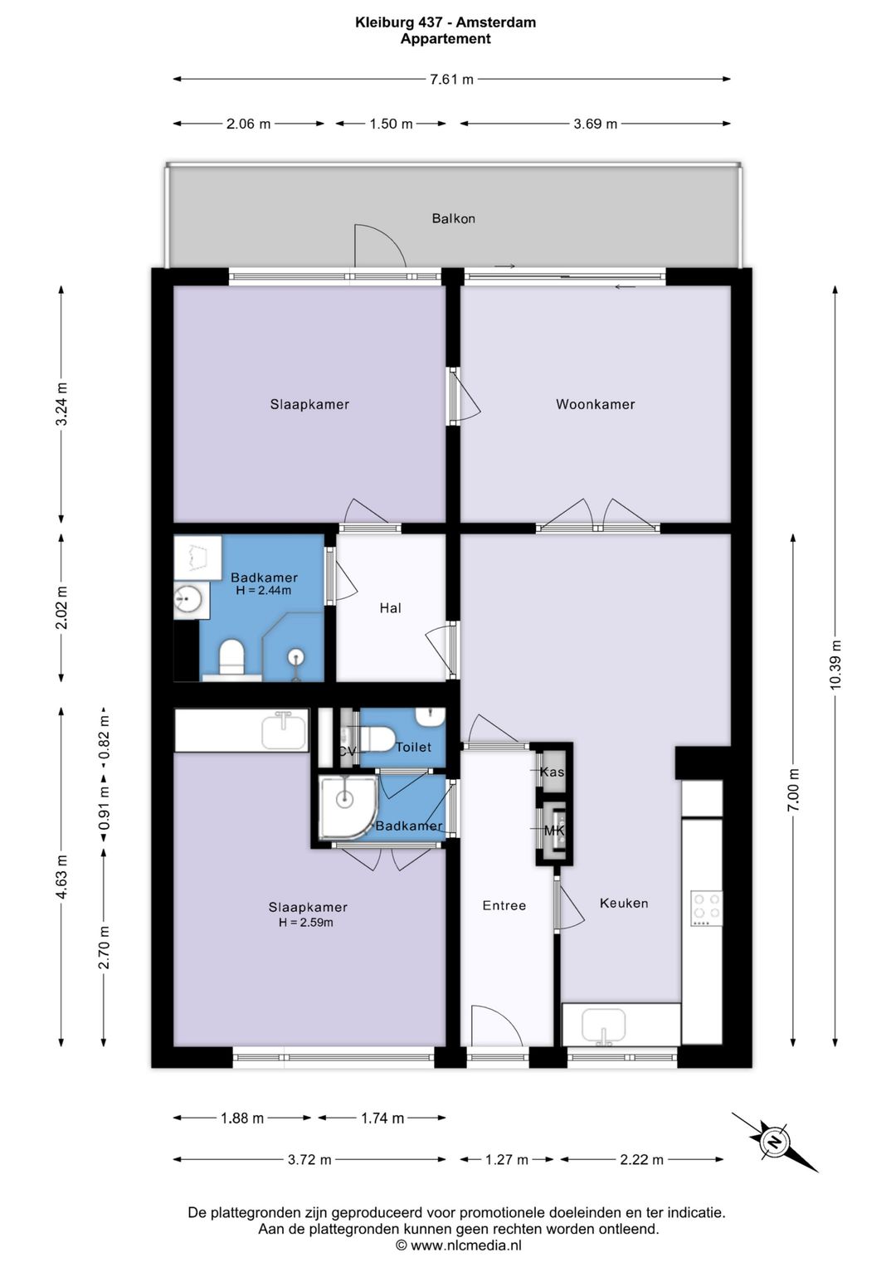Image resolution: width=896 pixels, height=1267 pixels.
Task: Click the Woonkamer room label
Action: pos(595,404)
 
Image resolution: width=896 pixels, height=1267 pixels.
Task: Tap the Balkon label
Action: pos(453,218)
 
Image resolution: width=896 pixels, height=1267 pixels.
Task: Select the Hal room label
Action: pos(390,608)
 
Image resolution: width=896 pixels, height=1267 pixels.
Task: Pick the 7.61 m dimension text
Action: pos(451,79)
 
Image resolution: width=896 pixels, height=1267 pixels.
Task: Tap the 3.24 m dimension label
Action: pos(61,404)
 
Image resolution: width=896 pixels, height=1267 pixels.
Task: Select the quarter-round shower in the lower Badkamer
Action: pos(348,807)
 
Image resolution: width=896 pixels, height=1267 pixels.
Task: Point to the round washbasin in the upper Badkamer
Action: pos(187,598)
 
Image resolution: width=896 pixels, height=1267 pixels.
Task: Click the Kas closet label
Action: pos(552,772)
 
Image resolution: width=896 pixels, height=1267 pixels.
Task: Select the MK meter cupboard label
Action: pos(554,831)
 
